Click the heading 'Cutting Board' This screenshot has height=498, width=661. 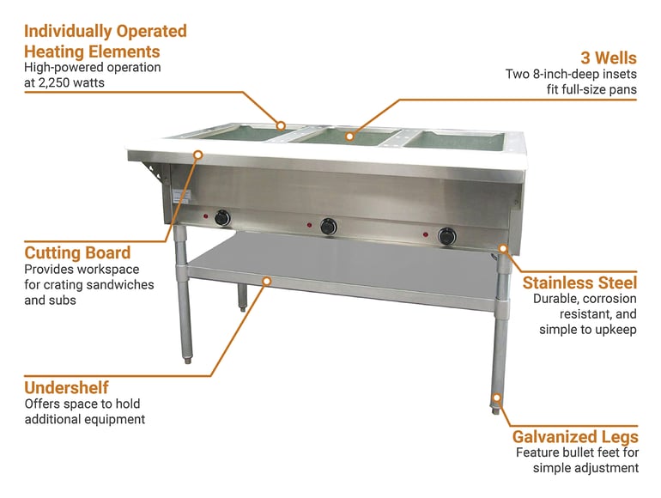click(x=77, y=253)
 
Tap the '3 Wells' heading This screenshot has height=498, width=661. click(x=609, y=58)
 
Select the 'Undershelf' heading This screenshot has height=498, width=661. click(x=66, y=387)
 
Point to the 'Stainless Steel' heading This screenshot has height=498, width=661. click(x=579, y=282)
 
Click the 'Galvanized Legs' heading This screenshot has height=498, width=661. click(x=575, y=436)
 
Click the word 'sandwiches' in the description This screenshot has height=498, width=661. click(x=119, y=284)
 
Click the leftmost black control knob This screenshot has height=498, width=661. click(x=222, y=218)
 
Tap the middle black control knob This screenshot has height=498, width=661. click(x=329, y=227)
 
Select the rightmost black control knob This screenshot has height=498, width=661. click(x=446, y=237)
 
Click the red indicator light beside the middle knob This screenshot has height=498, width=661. click(x=309, y=225)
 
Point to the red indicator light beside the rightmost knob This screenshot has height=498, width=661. click(x=426, y=234)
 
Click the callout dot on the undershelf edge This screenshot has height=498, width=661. click(x=267, y=281)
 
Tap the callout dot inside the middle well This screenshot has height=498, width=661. click(x=349, y=137)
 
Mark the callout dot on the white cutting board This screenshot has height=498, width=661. click(x=198, y=155)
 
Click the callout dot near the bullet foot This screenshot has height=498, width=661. click(x=497, y=398)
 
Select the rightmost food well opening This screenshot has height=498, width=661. click(x=455, y=141)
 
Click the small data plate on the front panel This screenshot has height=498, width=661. click(x=182, y=197)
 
